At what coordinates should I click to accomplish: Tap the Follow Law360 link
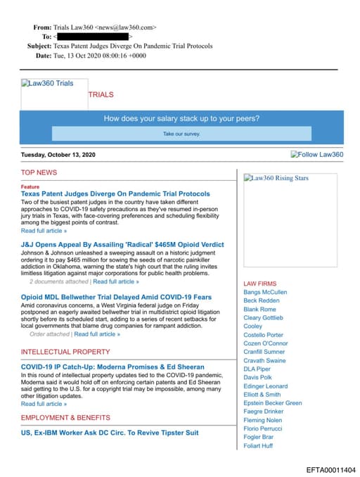[317, 155]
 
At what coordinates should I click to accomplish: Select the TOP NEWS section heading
[39, 172]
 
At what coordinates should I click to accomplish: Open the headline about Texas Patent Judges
[115, 193]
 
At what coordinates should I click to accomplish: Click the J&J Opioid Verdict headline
[122, 245]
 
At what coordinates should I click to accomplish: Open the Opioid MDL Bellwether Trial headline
[116, 297]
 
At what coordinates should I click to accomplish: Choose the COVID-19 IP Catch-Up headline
[112, 367]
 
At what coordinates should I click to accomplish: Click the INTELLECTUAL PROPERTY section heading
[65, 351]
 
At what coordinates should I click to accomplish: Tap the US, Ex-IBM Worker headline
[110, 433]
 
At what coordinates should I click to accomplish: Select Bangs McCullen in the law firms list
[265, 292]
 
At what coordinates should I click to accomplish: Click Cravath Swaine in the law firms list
[264, 360]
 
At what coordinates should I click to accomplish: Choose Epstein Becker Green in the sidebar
[273, 403]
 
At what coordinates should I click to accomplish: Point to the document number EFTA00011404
[331, 469]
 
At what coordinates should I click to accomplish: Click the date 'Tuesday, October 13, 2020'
[58, 155]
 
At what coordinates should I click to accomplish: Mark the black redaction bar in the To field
[93, 36]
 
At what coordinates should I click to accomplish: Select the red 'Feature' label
[30, 186]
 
